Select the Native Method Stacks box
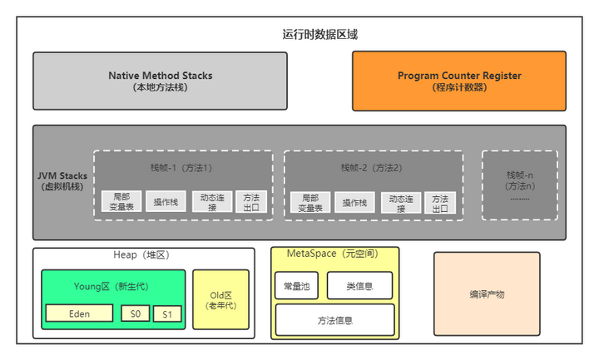pyautogui.click(x=160, y=81)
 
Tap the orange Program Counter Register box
pyautogui.click(x=458, y=81)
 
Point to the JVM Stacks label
pyautogui.click(x=63, y=181)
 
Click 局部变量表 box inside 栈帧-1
pyautogui.click(x=121, y=202)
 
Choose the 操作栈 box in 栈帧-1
pyautogui.click(x=166, y=203)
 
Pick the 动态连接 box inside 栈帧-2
pyautogui.click(x=401, y=202)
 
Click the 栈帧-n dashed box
pyautogui.click(x=519, y=185)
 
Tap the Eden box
pyautogui.click(x=79, y=314)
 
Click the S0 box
pyautogui.click(x=135, y=314)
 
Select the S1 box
pyautogui.click(x=166, y=314)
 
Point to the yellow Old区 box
pyautogui.click(x=220, y=300)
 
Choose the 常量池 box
pyautogui.click(x=295, y=286)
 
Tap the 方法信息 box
pyautogui.click(x=334, y=319)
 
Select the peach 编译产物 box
pyautogui.click(x=487, y=294)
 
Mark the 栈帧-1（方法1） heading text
pyautogui.click(x=182, y=167)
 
